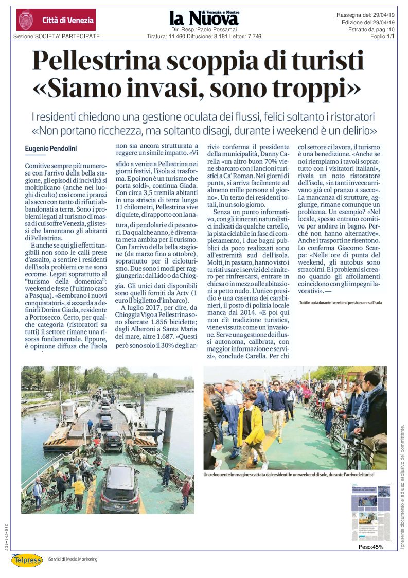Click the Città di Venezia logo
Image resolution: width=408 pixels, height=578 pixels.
coord(56,20)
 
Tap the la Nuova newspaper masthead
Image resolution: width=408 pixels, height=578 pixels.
coord(204,19)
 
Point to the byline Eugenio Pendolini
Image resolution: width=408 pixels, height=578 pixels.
coord(50,149)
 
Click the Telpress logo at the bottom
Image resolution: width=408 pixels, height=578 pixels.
coord(27,559)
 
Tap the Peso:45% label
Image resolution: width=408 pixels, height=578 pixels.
coord(370,547)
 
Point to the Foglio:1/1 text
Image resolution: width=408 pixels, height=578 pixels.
coord(382,36)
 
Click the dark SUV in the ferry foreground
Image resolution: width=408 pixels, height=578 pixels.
coord(119,488)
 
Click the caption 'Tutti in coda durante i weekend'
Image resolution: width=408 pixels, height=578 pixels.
coord(340,303)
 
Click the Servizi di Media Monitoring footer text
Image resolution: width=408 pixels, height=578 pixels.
coord(73,559)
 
